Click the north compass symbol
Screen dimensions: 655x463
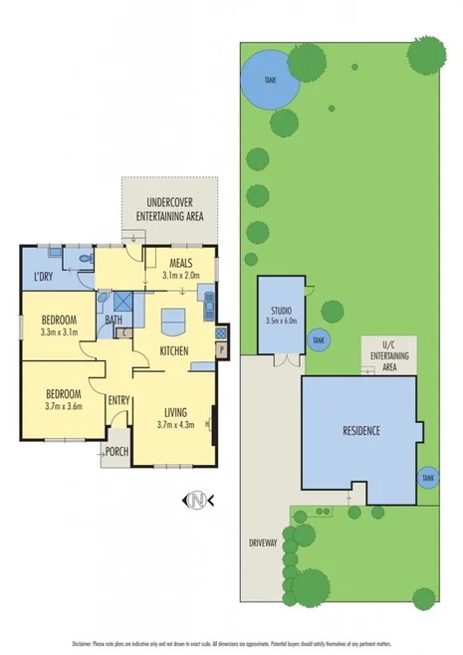pyautogui.click(x=198, y=498)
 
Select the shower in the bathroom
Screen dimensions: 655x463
pyautogui.click(x=122, y=302)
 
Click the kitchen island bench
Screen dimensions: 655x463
pyautogui.click(x=173, y=322)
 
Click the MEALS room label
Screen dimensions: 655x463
pyautogui.click(x=179, y=263)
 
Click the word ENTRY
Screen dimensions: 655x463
pyautogui.click(x=119, y=400)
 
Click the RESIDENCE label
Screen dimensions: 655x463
pyautogui.click(x=360, y=431)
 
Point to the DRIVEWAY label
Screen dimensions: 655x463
pyautogui.click(x=264, y=543)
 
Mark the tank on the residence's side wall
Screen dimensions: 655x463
pyautogui.click(x=428, y=478)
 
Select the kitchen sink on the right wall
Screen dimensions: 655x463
pyautogui.click(x=207, y=308)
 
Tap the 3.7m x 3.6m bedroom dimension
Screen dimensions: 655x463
pyautogui.click(x=59, y=405)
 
